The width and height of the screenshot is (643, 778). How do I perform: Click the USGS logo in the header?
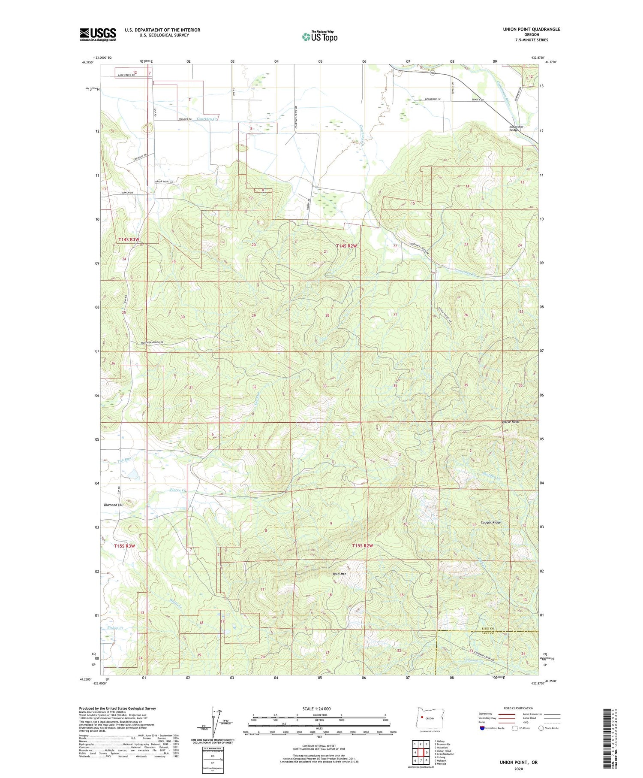pyautogui.click(x=98, y=34)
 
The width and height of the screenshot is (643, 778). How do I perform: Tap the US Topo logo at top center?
pyautogui.click(x=319, y=36)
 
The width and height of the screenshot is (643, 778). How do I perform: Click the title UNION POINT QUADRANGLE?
pyautogui.click(x=532, y=29)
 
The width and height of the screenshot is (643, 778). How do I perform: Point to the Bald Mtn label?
pyautogui.click(x=339, y=574)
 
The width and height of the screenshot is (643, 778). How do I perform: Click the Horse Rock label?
pyautogui.click(x=510, y=422)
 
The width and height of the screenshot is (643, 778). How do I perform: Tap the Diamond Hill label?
pyautogui.click(x=114, y=505)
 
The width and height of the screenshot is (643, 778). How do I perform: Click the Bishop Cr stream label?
pyautogui.click(x=114, y=628)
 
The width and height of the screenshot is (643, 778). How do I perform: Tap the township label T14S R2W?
pyautogui.click(x=346, y=246)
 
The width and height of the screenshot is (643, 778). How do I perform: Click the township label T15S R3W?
pyautogui.click(x=124, y=546)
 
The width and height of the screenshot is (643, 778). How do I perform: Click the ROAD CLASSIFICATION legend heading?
pyautogui.click(x=519, y=708)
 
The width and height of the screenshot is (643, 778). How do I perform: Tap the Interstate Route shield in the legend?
pyautogui.click(x=482, y=728)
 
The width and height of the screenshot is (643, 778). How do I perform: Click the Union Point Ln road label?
pyautogui.click(x=165, y=182)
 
